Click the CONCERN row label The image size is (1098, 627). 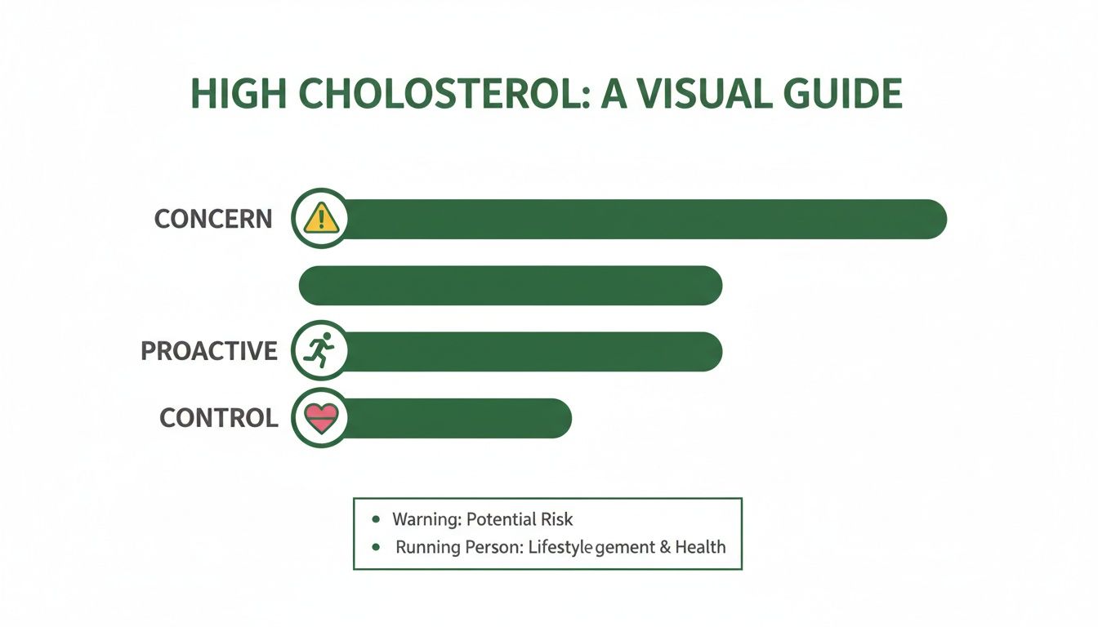click(x=213, y=219)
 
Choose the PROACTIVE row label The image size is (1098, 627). click(x=209, y=351)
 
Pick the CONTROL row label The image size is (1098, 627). click(x=219, y=418)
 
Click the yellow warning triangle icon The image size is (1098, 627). click(x=320, y=219)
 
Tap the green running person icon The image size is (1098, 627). click(x=319, y=351)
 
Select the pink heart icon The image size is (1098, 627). click(x=319, y=418)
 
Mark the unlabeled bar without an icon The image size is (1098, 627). click(x=511, y=286)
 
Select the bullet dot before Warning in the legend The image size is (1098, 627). click(x=375, y=519)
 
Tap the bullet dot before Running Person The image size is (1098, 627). click(x=375, y=547)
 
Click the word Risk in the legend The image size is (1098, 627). click(x=556, y=519)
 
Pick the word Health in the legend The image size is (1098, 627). click(x=700, y=547)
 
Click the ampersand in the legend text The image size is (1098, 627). click(x=663, y=547)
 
